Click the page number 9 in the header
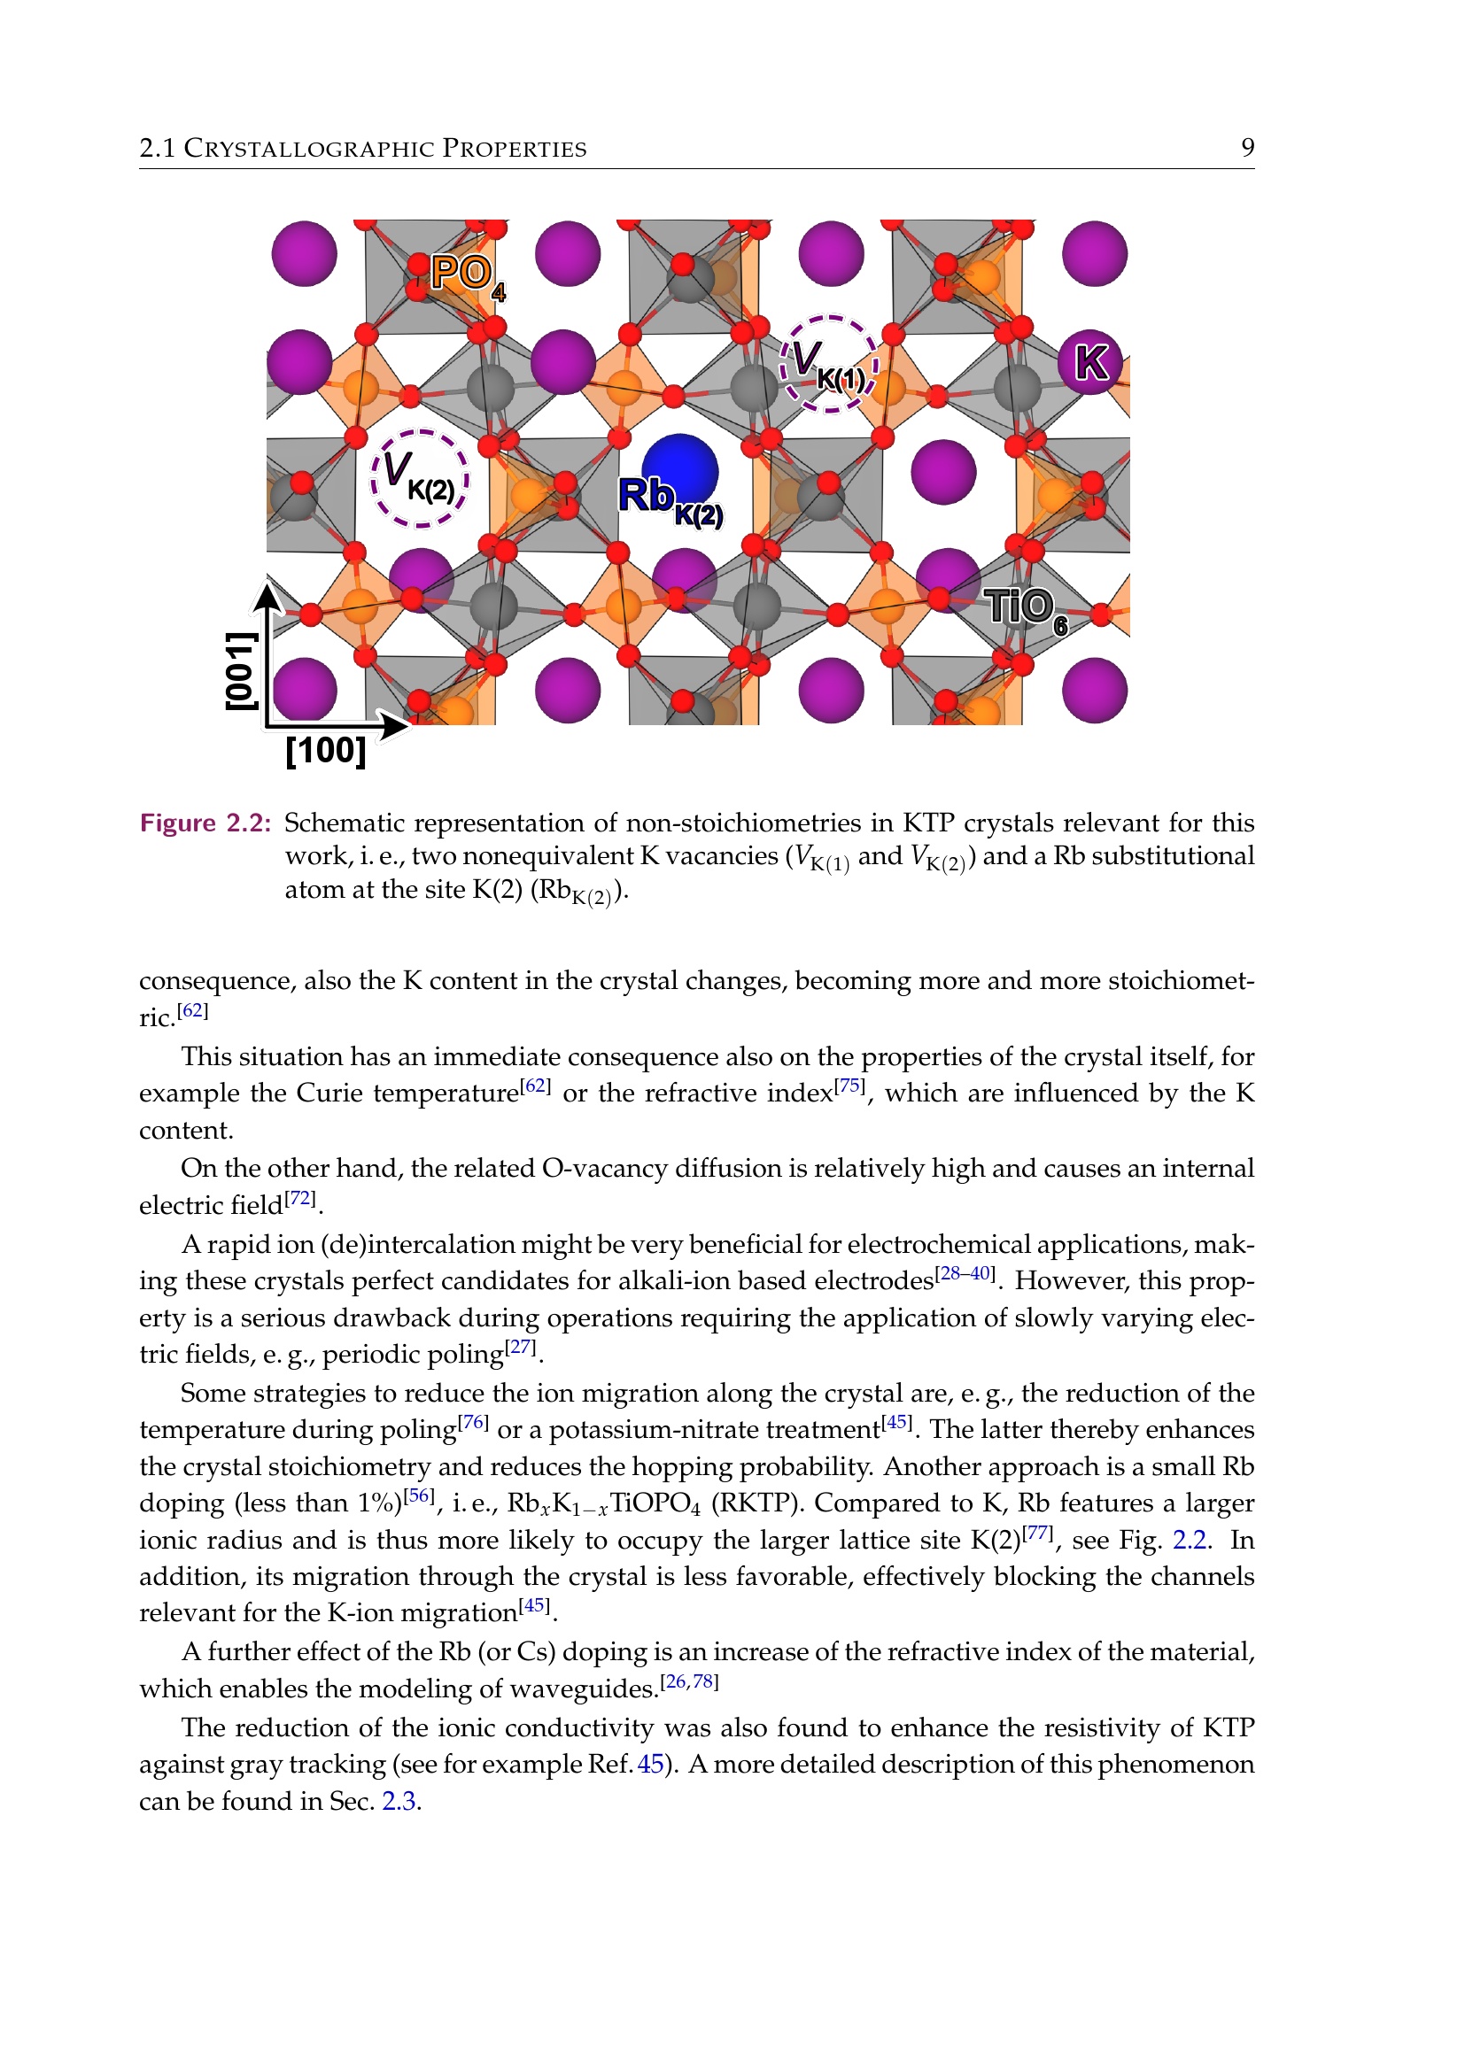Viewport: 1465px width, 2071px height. tap(1247, 147)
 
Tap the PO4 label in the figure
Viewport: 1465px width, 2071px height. tap(467, 275)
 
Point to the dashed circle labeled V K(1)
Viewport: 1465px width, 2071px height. tap(829, 364)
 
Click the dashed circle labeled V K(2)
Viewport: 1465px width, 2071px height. tap(420, 477)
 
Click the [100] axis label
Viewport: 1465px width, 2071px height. tap(326, 751)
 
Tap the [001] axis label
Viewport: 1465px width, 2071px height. tap(241, 670)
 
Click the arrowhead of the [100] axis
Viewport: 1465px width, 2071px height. tap(394, 724)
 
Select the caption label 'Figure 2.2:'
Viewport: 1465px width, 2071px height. tap(205, 823)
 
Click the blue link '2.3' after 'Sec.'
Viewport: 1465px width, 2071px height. tap(398, 1801)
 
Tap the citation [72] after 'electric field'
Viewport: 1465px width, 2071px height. tap(300, 1199)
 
